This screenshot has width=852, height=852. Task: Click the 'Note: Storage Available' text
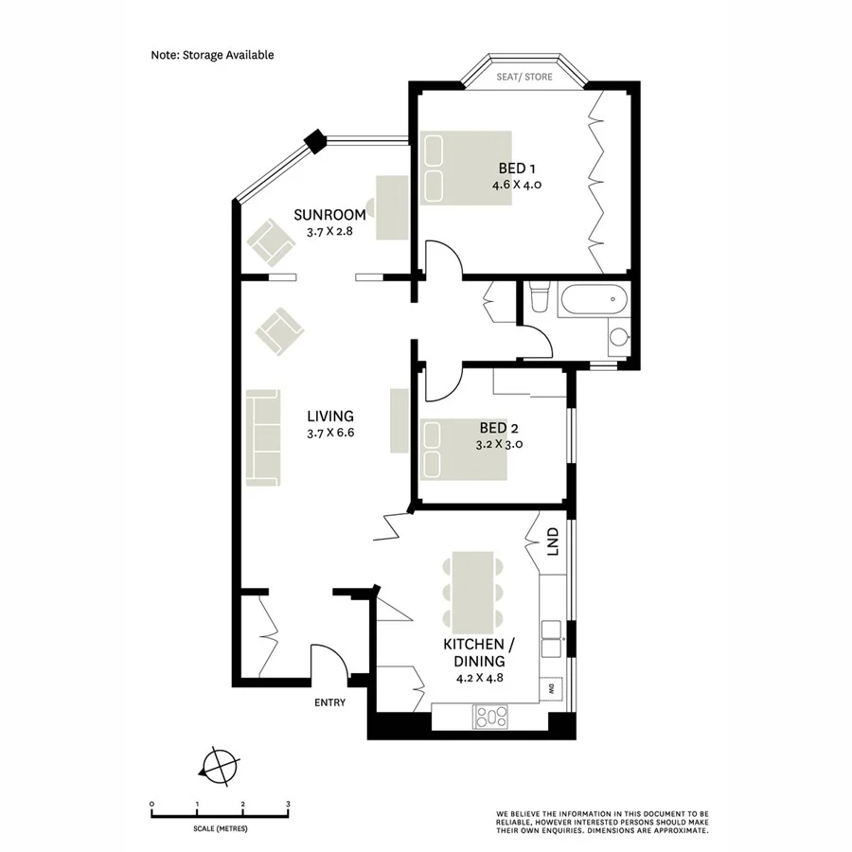[212, 55]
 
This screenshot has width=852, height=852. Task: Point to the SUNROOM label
[329, 214]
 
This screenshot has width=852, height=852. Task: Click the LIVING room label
[330, 416]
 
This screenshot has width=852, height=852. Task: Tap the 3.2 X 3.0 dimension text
[500, 443]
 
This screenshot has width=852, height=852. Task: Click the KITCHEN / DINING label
[478, 653]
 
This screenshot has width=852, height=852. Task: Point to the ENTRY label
[329, 702]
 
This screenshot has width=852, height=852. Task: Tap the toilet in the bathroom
[539, 299]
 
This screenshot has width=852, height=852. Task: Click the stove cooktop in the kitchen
[491, 717]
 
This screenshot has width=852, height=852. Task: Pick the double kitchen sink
[551, 639]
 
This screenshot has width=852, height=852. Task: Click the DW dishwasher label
[548, 689]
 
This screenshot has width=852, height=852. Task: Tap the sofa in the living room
[263, 438]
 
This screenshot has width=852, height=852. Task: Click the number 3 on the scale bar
[288, 803]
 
